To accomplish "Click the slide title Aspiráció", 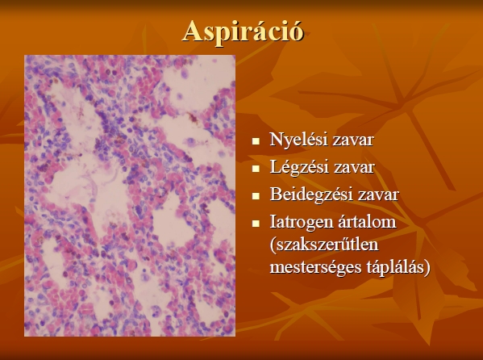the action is [243, 31].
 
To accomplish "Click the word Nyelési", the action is [294, 140].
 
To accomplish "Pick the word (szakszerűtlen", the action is [324, 245].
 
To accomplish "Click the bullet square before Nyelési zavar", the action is [256, 141].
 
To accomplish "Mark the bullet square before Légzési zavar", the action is [256, 169].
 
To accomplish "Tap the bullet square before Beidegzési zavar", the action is [256, 196].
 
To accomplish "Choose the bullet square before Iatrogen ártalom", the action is [256, 224].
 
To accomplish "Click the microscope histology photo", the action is [130, 195].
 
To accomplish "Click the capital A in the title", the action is [192, 31].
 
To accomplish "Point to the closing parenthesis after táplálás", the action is [427, 267].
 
